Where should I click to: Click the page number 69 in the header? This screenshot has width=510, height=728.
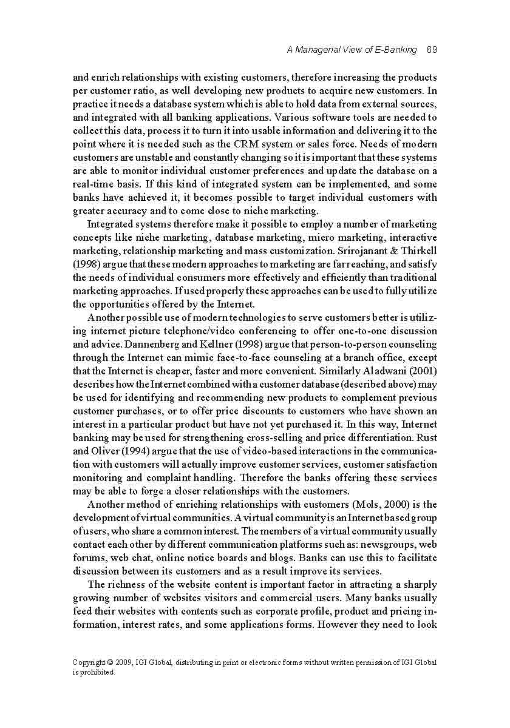(x=432, y=50)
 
